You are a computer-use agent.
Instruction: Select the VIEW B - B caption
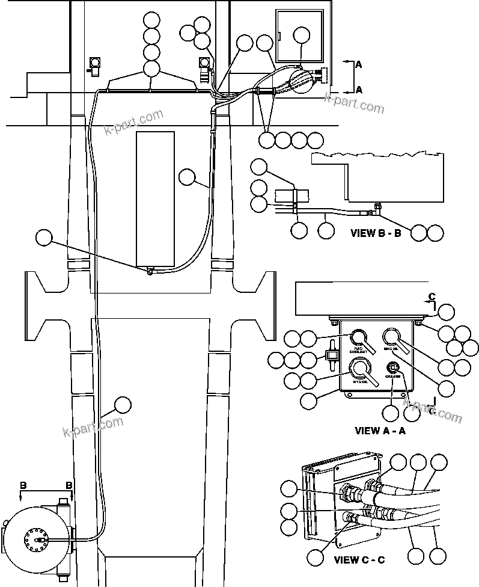376,233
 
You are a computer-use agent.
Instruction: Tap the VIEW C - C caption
359,559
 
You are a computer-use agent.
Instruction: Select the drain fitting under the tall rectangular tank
148,271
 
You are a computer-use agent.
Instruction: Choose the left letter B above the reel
23,484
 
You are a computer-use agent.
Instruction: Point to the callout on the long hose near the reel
123,404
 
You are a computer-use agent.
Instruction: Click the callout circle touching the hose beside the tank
188,176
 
